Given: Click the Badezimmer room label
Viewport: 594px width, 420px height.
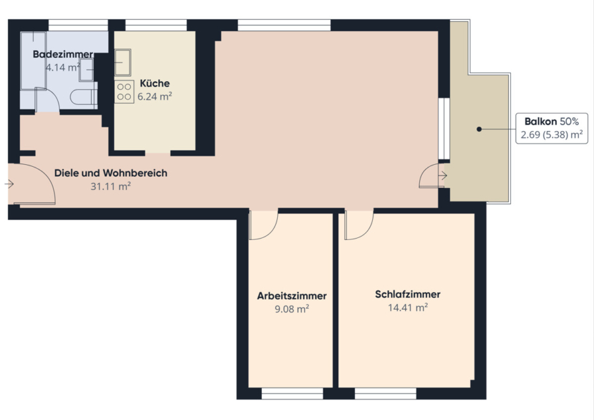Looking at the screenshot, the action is click(63, 54).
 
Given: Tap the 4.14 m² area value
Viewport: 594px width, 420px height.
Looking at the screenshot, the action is click(63, 67).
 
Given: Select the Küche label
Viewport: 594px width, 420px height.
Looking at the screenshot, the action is click(154, 83).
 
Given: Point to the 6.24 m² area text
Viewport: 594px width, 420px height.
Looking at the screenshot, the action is click(154, 96).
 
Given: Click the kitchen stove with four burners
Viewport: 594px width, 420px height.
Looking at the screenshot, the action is click(124, 92).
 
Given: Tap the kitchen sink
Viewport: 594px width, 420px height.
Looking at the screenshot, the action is click(123, 62).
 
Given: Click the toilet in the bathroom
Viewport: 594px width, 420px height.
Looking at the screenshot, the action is click(84, 97).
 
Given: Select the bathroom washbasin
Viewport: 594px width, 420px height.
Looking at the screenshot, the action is click(86, 70).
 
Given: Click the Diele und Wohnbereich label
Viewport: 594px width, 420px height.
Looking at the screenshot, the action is click(111, 173).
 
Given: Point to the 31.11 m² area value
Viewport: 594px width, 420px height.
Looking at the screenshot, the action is click(111, 186).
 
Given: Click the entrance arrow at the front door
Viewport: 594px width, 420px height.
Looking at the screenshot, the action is click(9, 184).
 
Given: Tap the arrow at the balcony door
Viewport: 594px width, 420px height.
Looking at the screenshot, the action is click(442, 175).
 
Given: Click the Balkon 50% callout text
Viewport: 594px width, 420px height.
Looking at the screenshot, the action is click(552, 121).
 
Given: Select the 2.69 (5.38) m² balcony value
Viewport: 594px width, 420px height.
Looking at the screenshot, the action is click(552, 135).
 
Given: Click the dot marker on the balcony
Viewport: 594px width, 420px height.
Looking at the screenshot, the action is click(479, 129).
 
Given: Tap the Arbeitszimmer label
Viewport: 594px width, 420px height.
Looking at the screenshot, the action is click(292, 295).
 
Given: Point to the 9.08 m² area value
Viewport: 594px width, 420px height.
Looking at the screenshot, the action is click(292, 309).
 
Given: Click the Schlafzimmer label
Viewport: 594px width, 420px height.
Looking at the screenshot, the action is click(408, 294).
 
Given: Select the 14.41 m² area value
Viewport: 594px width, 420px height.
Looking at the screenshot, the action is click(408, 307).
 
